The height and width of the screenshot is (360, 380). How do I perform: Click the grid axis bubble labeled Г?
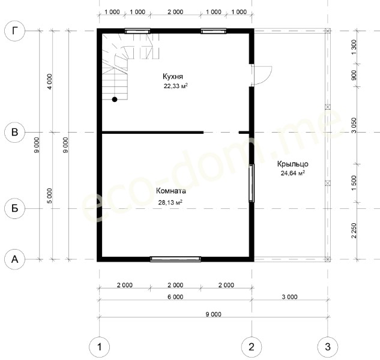(x=15, y=31)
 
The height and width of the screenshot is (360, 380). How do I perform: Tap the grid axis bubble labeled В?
(x=15, y=132)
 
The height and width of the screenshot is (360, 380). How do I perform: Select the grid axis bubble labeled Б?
(x=15, y=208)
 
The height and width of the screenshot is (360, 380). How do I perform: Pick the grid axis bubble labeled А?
(x=15, y=259)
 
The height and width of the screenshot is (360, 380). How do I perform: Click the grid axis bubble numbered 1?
(x=100, y=347)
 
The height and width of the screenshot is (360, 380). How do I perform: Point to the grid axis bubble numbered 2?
(x=252, y=347)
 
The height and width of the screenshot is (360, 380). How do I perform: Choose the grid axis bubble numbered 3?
(x=328, y=347)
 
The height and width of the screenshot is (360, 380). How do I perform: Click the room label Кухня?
(x=173, y=77)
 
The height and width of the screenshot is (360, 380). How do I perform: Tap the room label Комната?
(x=171, y=191)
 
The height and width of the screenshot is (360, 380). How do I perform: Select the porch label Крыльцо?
(x=293, y=164)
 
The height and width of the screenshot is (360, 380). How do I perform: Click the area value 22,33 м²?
(x=176, y=86)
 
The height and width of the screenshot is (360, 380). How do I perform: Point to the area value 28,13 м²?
(x=170, y=202)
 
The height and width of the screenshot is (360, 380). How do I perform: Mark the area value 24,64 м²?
(x=293, y=173)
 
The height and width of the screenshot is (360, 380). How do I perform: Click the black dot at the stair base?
(x=115, y=100)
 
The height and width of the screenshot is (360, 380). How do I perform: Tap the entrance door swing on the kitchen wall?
(x=261, y=75)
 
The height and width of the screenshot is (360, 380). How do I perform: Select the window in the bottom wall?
(x=175, y=259)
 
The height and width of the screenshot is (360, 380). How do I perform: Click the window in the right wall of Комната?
(x=252, y=183)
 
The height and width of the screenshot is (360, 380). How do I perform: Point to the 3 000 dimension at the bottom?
(x=289, y=297)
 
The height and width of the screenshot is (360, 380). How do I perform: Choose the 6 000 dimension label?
(x=175, y=297)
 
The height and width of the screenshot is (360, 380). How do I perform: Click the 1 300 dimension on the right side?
(x=354, y=47)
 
